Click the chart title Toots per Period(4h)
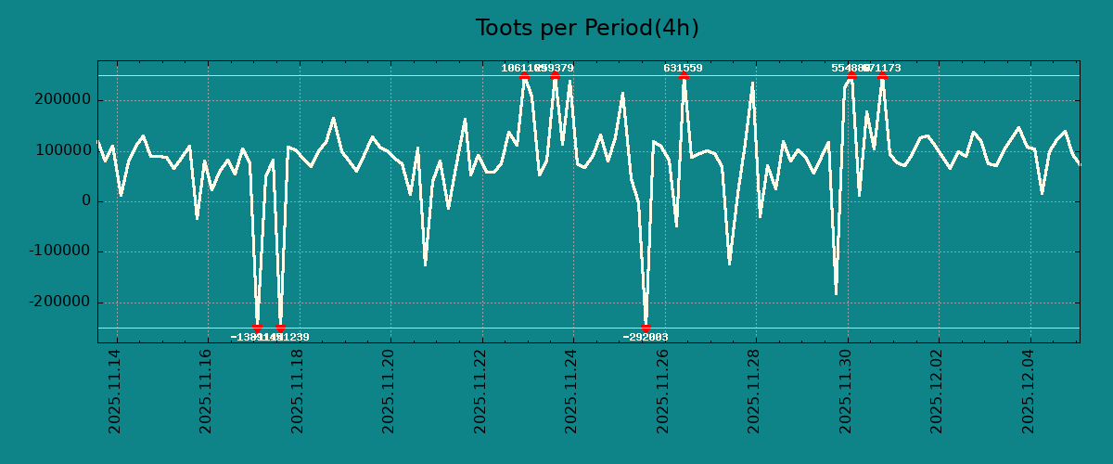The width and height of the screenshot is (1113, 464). (x=587, y=28)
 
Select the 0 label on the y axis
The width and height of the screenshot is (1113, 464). (x=85, y=201)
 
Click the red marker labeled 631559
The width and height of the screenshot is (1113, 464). (x=684, y=76)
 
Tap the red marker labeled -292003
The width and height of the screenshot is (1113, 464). (x=646, y=328)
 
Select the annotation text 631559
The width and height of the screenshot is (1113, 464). (x=683, y=68)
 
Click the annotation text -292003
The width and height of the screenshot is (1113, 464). (x=646, y=337)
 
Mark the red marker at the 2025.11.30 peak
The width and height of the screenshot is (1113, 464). (x=851, y=76)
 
